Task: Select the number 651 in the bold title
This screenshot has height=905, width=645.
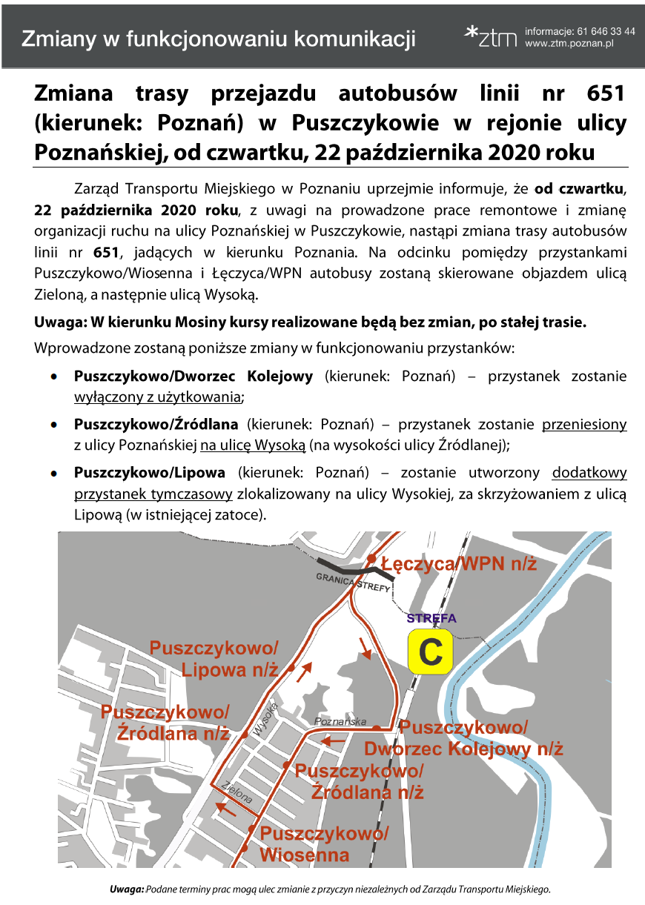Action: tap(606, 94)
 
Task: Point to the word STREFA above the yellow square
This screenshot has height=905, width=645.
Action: tap(431, 618)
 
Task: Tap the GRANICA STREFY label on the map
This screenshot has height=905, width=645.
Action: tap(353, 582)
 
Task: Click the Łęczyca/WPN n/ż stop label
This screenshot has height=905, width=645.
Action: tap(459, 564)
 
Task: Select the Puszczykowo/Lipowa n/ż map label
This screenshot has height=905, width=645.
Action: tap(214, 659)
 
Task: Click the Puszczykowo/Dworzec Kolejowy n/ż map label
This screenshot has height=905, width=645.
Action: tap(463, 737)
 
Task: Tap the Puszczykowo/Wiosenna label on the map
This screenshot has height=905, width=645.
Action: tap(324, 844)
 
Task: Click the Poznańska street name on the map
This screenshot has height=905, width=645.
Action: tap(340, 721)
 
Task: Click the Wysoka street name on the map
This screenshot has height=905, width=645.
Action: tap(265, 719)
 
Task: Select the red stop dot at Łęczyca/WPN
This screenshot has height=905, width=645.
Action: tap(371, 558)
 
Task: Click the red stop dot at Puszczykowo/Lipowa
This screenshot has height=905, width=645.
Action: tap(291, 669)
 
